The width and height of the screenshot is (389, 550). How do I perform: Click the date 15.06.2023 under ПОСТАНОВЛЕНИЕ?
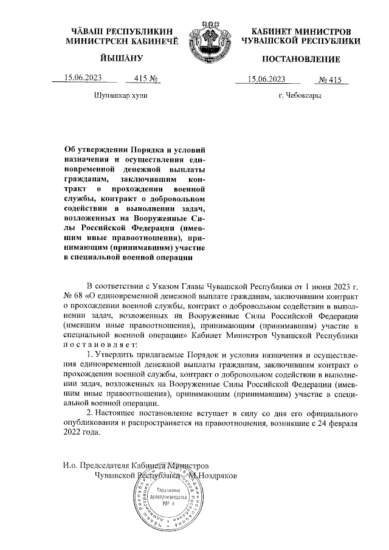click(267, 78)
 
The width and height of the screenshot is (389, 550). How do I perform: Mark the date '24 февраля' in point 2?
click(333, 423)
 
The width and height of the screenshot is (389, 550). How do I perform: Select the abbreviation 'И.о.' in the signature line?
click(71, 465)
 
